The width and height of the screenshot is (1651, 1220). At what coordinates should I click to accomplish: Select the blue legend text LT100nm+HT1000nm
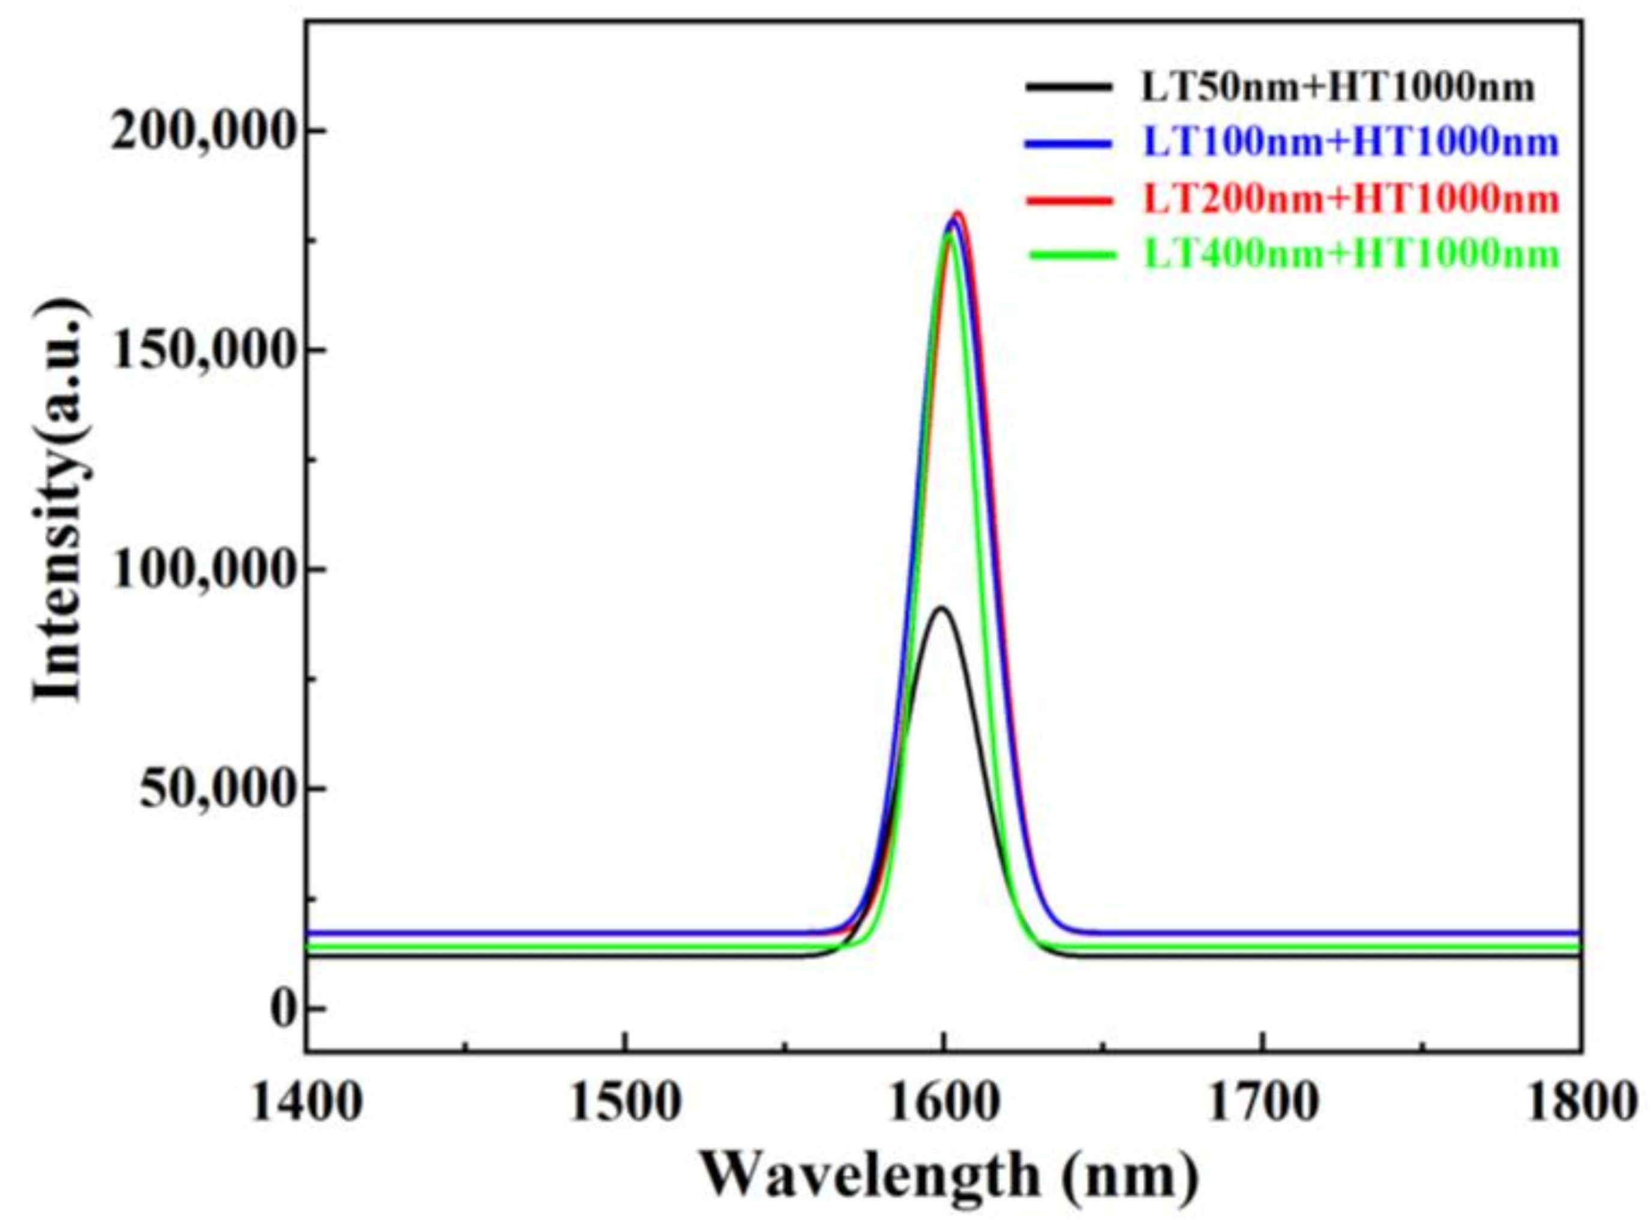[x=1351, y=142]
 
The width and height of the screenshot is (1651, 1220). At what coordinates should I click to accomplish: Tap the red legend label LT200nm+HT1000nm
[x=1351, y=199]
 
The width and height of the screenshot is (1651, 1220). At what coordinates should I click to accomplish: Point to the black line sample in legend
[x=1068, y=88]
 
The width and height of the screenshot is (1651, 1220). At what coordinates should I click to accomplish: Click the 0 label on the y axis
[x=282, y=1009]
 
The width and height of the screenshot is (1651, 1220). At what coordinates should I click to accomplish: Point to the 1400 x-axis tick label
[x=306, y=1105]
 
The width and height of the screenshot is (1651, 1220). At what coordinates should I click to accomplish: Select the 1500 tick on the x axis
[x=624, y=1105]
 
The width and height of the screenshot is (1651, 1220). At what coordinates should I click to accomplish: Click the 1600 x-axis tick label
[x=943, y=1105]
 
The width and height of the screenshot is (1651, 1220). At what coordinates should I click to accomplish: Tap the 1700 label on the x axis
[x=1261, y=1105]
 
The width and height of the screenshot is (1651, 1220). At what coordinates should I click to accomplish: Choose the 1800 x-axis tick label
[x=1580, y=1105]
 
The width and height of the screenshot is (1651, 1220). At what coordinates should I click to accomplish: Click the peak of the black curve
[x=941, y=608]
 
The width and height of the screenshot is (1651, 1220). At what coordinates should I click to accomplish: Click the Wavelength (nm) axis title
[x=949, y=1176]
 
